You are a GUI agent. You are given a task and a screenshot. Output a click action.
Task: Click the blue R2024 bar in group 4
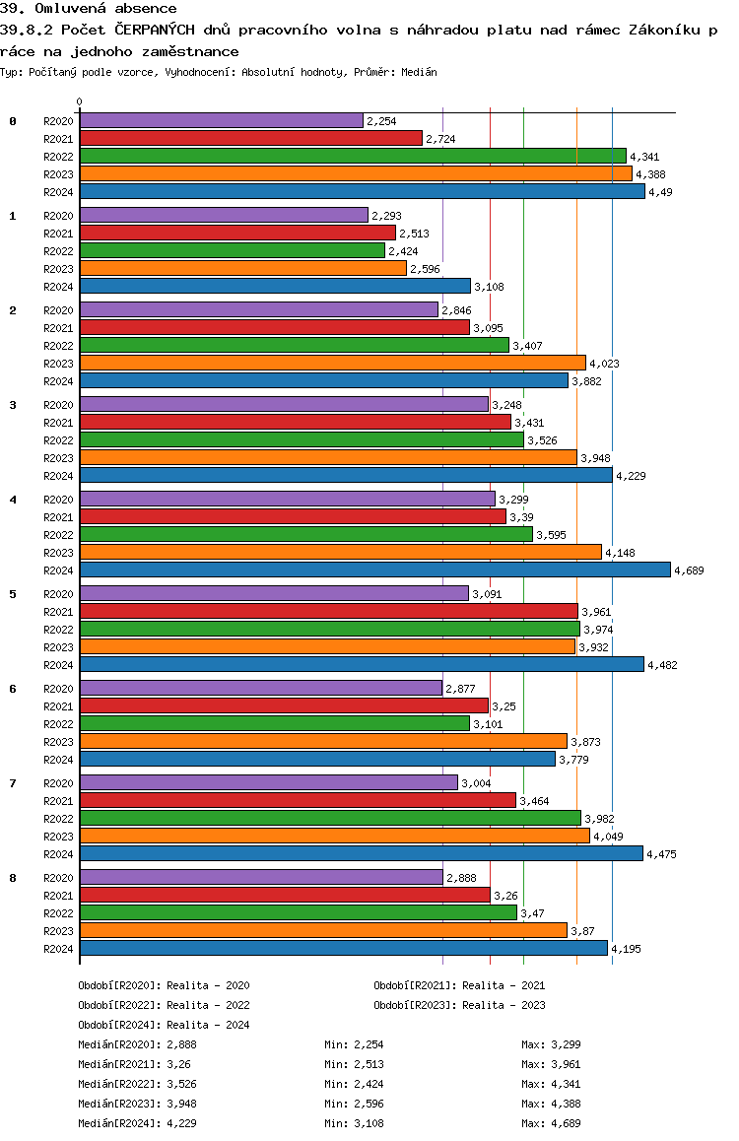(x=374, y=570)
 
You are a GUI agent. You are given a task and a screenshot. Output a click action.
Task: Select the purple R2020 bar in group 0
(x=221, y=120)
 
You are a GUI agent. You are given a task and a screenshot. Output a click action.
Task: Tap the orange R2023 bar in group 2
(x=332, y=363)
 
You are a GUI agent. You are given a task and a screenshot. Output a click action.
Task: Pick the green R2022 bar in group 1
(x=232, y=250)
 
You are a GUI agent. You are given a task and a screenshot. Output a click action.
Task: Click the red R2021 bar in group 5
(x=328, y=611)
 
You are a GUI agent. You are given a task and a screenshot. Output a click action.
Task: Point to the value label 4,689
(x=689, y=570)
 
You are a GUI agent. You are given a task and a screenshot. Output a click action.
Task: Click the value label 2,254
(x=381, y=121)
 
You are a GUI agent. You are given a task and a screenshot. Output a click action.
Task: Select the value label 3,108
(x=490, y=287)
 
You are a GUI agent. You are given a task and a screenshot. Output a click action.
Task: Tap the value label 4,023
(x=605, y=364)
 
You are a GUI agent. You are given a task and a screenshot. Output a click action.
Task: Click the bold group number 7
(x=13, y=782)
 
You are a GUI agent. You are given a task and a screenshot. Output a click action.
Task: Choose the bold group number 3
(x=13, y=404)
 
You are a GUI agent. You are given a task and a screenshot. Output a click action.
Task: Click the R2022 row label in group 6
(x=59, y=724)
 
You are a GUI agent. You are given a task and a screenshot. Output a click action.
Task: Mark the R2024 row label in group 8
(x=59, y=949)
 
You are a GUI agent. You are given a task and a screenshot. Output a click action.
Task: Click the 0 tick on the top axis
(x=80, y=102)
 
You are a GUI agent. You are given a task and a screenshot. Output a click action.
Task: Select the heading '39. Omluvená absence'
(x=89, y=9)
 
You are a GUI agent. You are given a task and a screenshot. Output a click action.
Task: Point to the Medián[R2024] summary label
(x=118, y=1123)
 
